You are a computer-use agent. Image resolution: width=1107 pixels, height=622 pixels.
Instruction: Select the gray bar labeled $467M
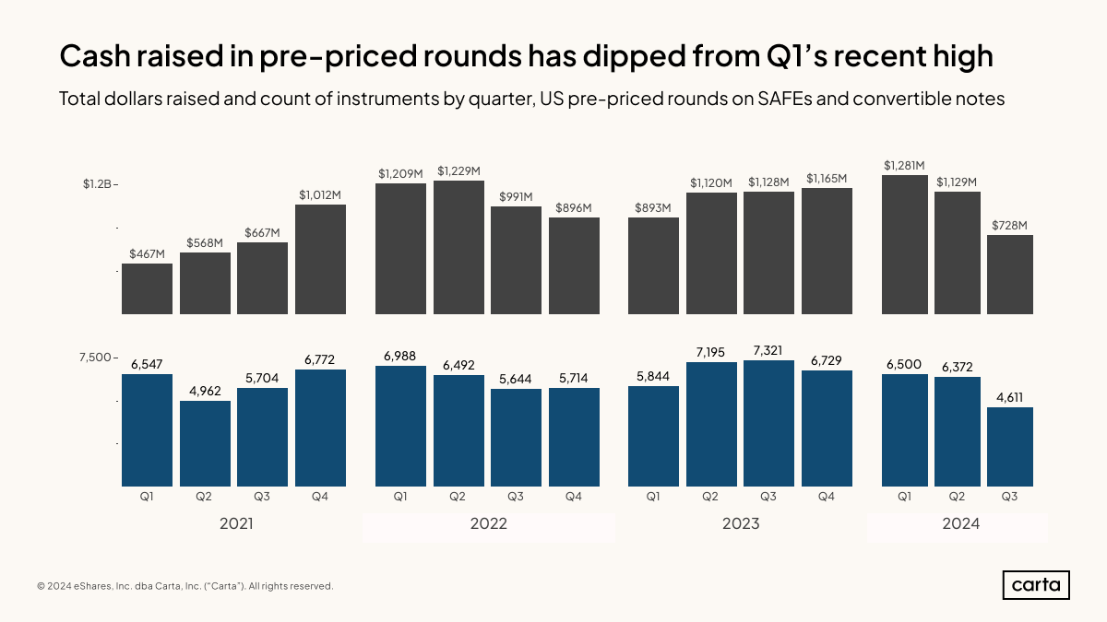pos(148,288)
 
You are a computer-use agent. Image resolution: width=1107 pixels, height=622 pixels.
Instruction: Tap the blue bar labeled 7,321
pos(768,423)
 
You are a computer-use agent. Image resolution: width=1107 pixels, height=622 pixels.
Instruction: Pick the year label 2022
pos(489,524)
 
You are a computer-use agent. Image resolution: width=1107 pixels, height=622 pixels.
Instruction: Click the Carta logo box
pos(1036,585)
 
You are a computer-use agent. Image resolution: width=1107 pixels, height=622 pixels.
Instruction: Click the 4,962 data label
pos(205,390)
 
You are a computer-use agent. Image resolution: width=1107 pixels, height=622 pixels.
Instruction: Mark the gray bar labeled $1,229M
pos(458,247)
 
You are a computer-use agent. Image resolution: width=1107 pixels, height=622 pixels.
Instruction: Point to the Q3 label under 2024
pos(1009,498)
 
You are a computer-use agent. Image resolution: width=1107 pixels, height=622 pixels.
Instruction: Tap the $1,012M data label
pos(320,194)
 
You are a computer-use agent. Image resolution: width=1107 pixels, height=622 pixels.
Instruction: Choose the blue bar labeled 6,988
pos(400,426)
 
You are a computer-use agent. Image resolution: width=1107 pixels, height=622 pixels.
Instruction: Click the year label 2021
pos(236,524)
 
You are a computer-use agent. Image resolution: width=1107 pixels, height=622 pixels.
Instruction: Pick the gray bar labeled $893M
pos(653,265)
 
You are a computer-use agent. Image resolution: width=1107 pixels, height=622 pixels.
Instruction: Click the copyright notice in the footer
pos(184,586)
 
